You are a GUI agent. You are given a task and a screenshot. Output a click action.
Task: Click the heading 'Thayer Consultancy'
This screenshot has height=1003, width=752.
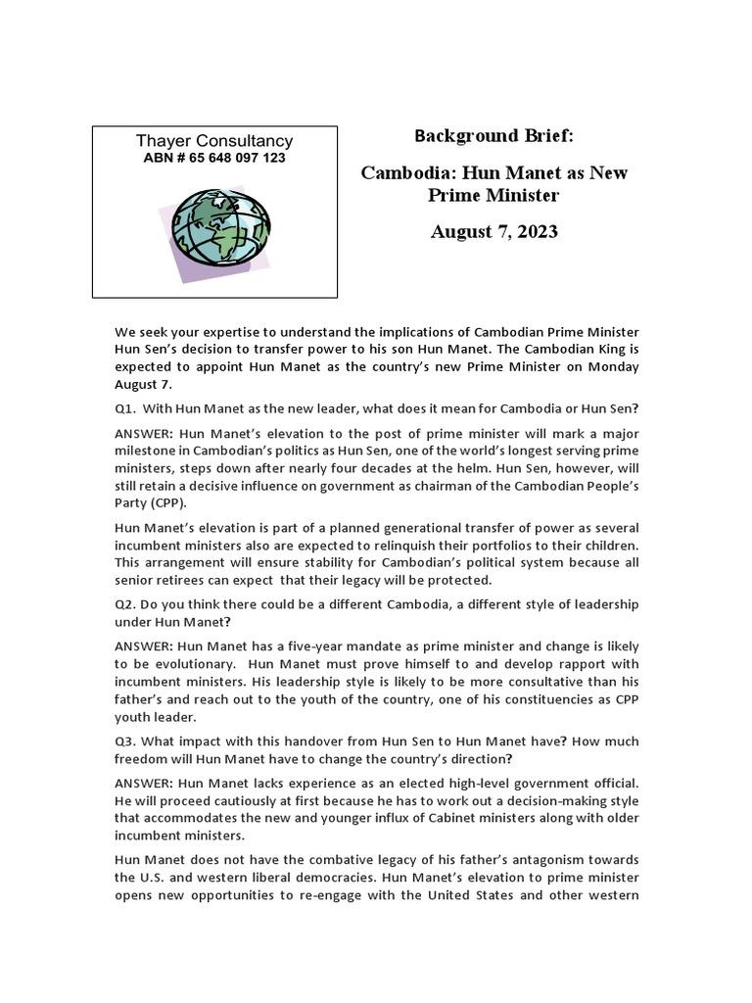pos(214,141)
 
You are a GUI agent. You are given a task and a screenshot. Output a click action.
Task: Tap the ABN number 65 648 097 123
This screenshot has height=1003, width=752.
pos(214,158)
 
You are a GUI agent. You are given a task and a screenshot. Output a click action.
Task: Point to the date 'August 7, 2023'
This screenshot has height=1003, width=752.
pos(493,231)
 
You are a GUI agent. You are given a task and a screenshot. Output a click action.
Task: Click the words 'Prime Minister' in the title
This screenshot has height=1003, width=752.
pos(493,195)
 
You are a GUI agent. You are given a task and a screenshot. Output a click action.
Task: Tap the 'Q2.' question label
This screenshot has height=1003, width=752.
pos(127,604)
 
